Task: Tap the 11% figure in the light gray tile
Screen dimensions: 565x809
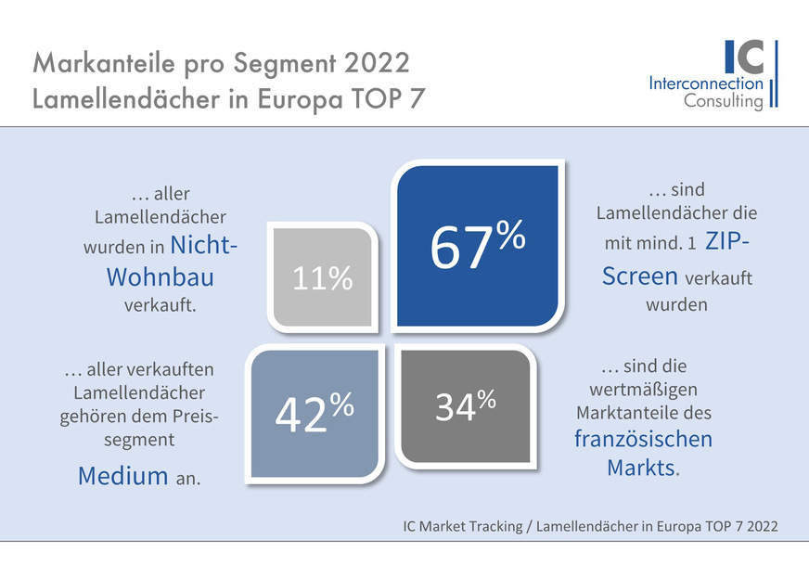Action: pos(323,277)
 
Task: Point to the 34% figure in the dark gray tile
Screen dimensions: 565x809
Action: pos(465,406)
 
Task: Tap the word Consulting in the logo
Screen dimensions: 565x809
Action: pos(724,101)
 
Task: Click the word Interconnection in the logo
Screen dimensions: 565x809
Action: pos(707,83)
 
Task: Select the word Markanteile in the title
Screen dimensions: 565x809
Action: pos(101,64)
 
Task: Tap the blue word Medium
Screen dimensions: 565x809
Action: pos(122,477)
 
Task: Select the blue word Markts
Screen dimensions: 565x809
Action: pos(641,467)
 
